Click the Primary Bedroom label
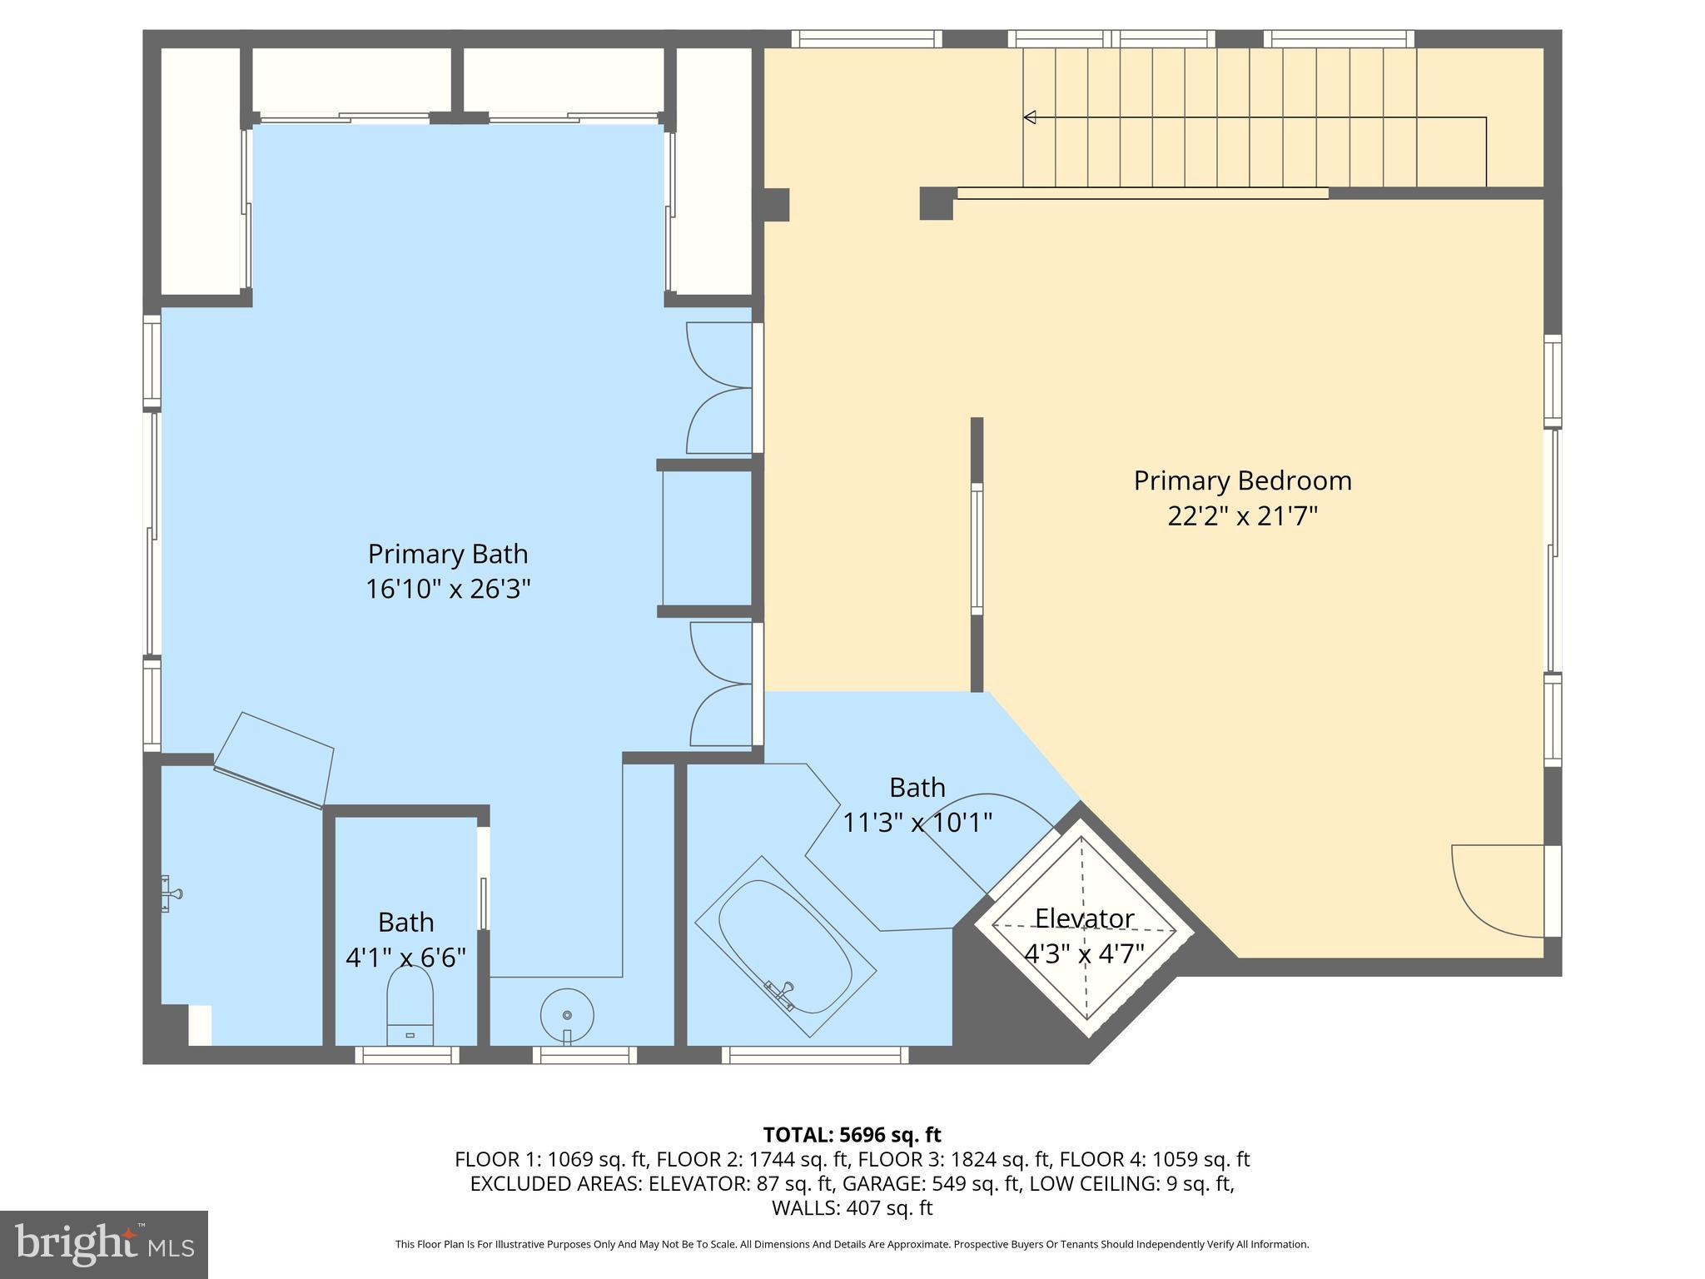(1242, 480)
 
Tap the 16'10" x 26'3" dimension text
(448, 590)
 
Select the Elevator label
(1084, 918)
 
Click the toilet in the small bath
(410, 1008)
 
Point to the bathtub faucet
(783, 993)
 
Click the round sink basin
(567, 1015)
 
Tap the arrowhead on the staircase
(1030, 117)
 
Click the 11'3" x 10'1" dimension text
(917, 823)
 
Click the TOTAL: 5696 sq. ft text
(852, 1134)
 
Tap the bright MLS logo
(104, 1244)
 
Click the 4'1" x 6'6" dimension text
(405, 957)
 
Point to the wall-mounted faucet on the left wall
(171, 893)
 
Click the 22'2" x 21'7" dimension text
(1242, 516)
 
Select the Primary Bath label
(448, 554)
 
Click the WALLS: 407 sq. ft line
(852, 1207)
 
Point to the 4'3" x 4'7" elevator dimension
(1084, 953)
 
